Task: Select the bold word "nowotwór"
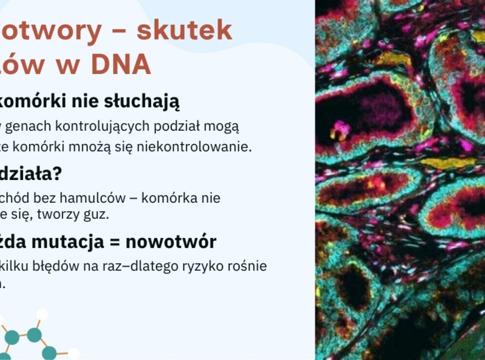tap(175, 242)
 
